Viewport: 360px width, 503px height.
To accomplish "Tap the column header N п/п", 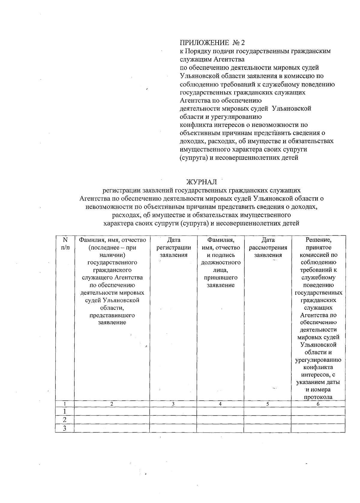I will [65, 243].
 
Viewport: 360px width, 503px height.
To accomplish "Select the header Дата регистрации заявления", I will [173, 248].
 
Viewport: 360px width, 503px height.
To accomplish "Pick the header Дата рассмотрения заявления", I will [268, 248].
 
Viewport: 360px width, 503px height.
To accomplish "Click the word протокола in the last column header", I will [318, 397].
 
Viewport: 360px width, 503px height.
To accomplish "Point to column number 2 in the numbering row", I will [112, 404].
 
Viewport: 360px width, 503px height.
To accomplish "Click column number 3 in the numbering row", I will [173, 404].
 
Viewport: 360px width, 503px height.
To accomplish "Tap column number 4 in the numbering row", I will [220, 404].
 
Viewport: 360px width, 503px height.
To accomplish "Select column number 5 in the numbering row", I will [267, 404].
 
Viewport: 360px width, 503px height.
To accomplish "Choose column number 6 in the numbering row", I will [318, 404].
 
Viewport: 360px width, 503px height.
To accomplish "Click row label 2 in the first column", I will [64, 420].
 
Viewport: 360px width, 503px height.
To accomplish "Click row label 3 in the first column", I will [64, 428].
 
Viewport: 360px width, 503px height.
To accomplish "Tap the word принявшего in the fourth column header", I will [220, 278].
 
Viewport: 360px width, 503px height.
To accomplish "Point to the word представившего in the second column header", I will [112, 315].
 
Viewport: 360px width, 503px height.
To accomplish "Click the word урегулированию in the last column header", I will [318, 360].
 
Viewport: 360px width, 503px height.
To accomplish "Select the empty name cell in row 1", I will [112, 411].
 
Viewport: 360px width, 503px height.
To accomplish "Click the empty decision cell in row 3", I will [318, 428].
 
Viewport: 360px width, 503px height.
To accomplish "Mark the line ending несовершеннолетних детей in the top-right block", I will [239, 157].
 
